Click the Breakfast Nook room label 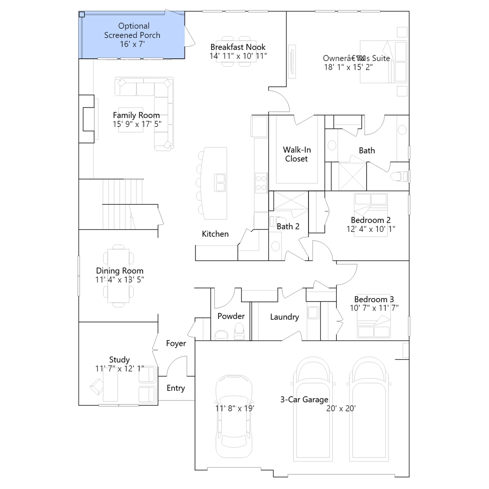click(238, 47)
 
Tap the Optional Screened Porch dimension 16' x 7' click(132, 44)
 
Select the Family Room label click(136, 115)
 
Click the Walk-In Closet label click(297, 154)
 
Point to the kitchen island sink click(220, 182)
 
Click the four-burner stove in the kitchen click(261, 183)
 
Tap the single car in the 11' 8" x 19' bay click(234, 416)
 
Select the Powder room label click(231, 316)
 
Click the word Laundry click(285, 317)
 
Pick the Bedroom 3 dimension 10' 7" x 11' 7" click(374, 308)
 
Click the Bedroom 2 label click(371, 220)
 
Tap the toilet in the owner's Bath click(399, 176)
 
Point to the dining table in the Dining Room click(118, 276)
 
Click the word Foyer click(176, 344)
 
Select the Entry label click(176, 388)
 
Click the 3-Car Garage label click(304, 399)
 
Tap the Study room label click(119, 360)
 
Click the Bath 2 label click(288, 226)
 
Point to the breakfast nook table click(236, 51)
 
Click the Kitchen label click(215, 234)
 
